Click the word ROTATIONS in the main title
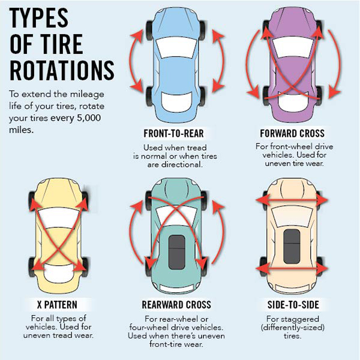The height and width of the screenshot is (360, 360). click(x=62, y=70)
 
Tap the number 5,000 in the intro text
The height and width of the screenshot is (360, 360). click(x=89, y=118)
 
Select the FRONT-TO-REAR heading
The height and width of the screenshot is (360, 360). click(x=173, y=133)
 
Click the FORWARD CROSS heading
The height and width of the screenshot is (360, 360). click(x=292, y=133)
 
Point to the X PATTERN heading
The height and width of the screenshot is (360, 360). click(x=57, y=305)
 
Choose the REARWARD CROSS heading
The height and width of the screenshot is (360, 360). click(x=176, y=305)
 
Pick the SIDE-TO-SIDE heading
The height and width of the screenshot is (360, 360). click(x=293, y=305)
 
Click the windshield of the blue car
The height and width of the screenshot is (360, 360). click(x=176, y=47)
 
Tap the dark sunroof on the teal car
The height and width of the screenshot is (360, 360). click(x=176, y=252)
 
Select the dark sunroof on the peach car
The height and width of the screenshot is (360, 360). click(x=292, y=246)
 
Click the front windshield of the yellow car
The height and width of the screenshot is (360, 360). click(x=59, y=218)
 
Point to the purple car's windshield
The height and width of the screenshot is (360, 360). click(x=293, y=47)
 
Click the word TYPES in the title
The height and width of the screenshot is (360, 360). click(x=39, y=18)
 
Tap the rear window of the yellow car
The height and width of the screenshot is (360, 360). click(x=59, y=272)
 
